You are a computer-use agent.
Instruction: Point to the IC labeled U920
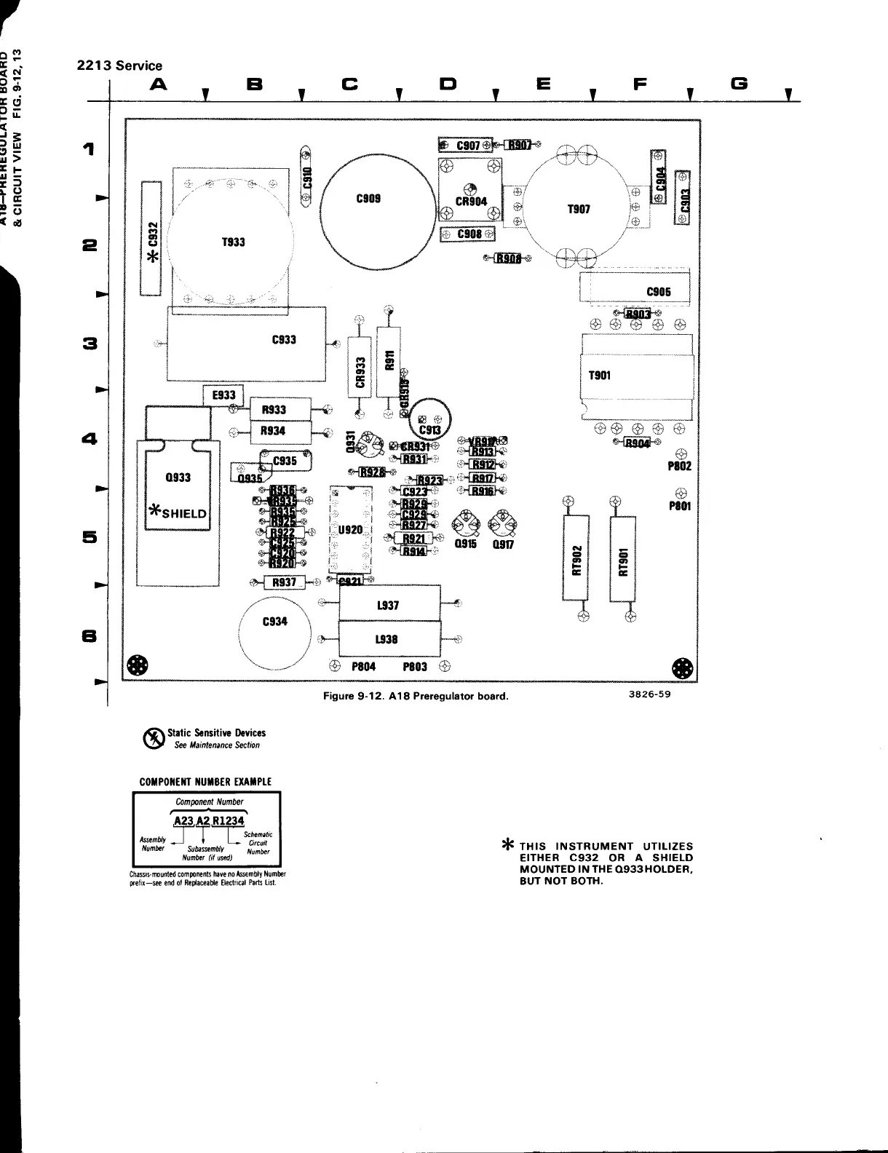350,530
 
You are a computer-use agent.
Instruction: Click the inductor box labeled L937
389,604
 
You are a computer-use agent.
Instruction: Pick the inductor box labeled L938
389,638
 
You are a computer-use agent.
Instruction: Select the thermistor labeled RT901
623,560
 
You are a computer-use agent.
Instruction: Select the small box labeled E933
223,395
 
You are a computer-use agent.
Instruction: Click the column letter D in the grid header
447,84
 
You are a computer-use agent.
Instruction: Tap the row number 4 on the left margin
90,439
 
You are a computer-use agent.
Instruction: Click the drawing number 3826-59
649,694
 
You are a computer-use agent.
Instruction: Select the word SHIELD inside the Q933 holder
184,513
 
